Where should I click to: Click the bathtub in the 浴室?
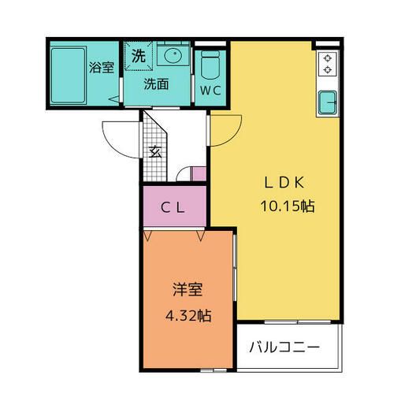69,76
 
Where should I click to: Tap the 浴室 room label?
102,68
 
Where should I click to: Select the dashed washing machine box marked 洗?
139,56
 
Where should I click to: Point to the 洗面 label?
156,84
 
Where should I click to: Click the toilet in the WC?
210,65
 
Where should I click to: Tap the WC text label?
210,91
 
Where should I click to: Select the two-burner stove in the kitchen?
328,64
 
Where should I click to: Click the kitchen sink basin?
327,102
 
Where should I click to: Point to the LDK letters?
284,183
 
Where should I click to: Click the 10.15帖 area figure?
288,206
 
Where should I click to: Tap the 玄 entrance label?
155,151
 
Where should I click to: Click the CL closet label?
173,209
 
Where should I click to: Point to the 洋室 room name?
188,289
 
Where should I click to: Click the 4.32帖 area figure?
188,315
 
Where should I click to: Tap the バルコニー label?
284,348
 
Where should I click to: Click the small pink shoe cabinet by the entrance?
199,174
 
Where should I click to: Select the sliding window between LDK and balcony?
297,322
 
